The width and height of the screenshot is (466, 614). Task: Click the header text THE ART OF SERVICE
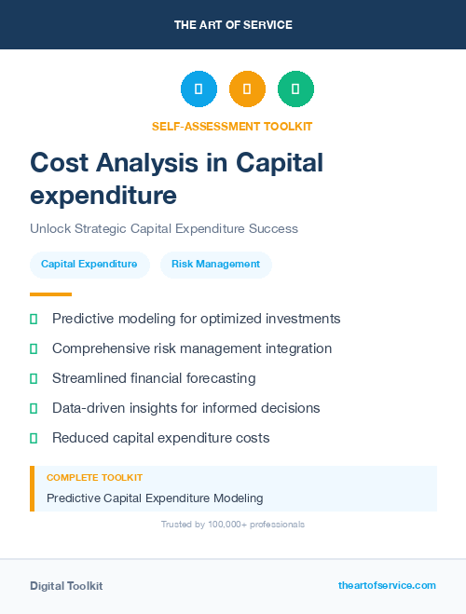pyautogui.click(x=233, y=25)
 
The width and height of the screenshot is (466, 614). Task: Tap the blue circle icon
pyautogui.click(x=199, y=89)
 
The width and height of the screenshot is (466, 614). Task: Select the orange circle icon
pyautogui.click(x=247, y=89)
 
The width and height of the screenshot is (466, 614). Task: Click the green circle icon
pyautogui.click(x=295, y=89)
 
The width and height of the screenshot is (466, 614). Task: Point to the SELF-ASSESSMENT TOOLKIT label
pyautogui.click(x=232, y=126)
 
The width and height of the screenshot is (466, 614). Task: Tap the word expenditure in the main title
pyautogui.click(x=103, y=196)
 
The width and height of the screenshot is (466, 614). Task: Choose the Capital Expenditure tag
pyautogui.click(x=89, y=265)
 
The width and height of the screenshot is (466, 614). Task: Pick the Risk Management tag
pyautogui.click(x=215, y=265)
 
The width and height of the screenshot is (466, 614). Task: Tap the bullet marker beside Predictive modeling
pyautogui.click(x=34, y=319)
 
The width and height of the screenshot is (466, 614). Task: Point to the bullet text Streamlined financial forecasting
pyautogui.click(x=154, y=378)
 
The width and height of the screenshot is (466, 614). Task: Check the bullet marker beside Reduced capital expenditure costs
pyautogui.click(x=34, y=438)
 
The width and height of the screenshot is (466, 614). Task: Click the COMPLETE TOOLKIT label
pyautogui.click(x=94, y=477)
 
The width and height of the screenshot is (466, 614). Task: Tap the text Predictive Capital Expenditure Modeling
pyautogui.click(x=155, y=498)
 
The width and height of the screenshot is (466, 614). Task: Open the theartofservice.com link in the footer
pyautogui.click(x=387, y=585)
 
